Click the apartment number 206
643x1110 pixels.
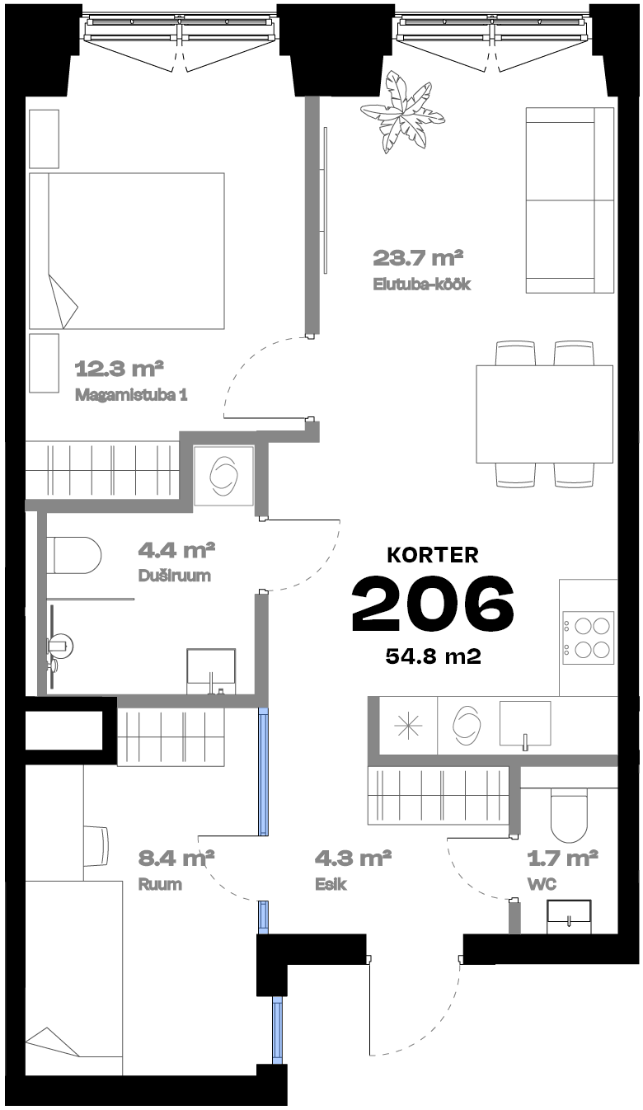click(x=433, y=603)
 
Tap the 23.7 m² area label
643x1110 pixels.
click(x=418, y=257)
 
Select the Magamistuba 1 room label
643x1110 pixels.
click(x=131, y=395)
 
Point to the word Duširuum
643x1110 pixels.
click(x=175, y=576)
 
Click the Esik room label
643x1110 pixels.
click(x=331, y=884)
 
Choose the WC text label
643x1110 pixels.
click(x=542, y=884)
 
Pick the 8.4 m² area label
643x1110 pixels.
click(x=176, y=858)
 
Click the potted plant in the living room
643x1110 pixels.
click(x=402, y=112)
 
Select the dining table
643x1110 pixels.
click(x=544, y=414)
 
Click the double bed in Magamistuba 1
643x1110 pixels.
click(x=127, y=251)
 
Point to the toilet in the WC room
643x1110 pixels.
click(x=569, y=816)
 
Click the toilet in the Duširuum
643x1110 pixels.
click(x=74, y=556)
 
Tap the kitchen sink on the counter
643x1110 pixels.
click(x=524, y=724)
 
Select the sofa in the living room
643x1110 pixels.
click(x=570, y=200)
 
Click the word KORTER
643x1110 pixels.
click(x=433, y=555)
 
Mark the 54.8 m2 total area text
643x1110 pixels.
click(x=434, y=656)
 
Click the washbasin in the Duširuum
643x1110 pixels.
click(x=211, y=670)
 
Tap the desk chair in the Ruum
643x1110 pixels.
click(x=96, y=845)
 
